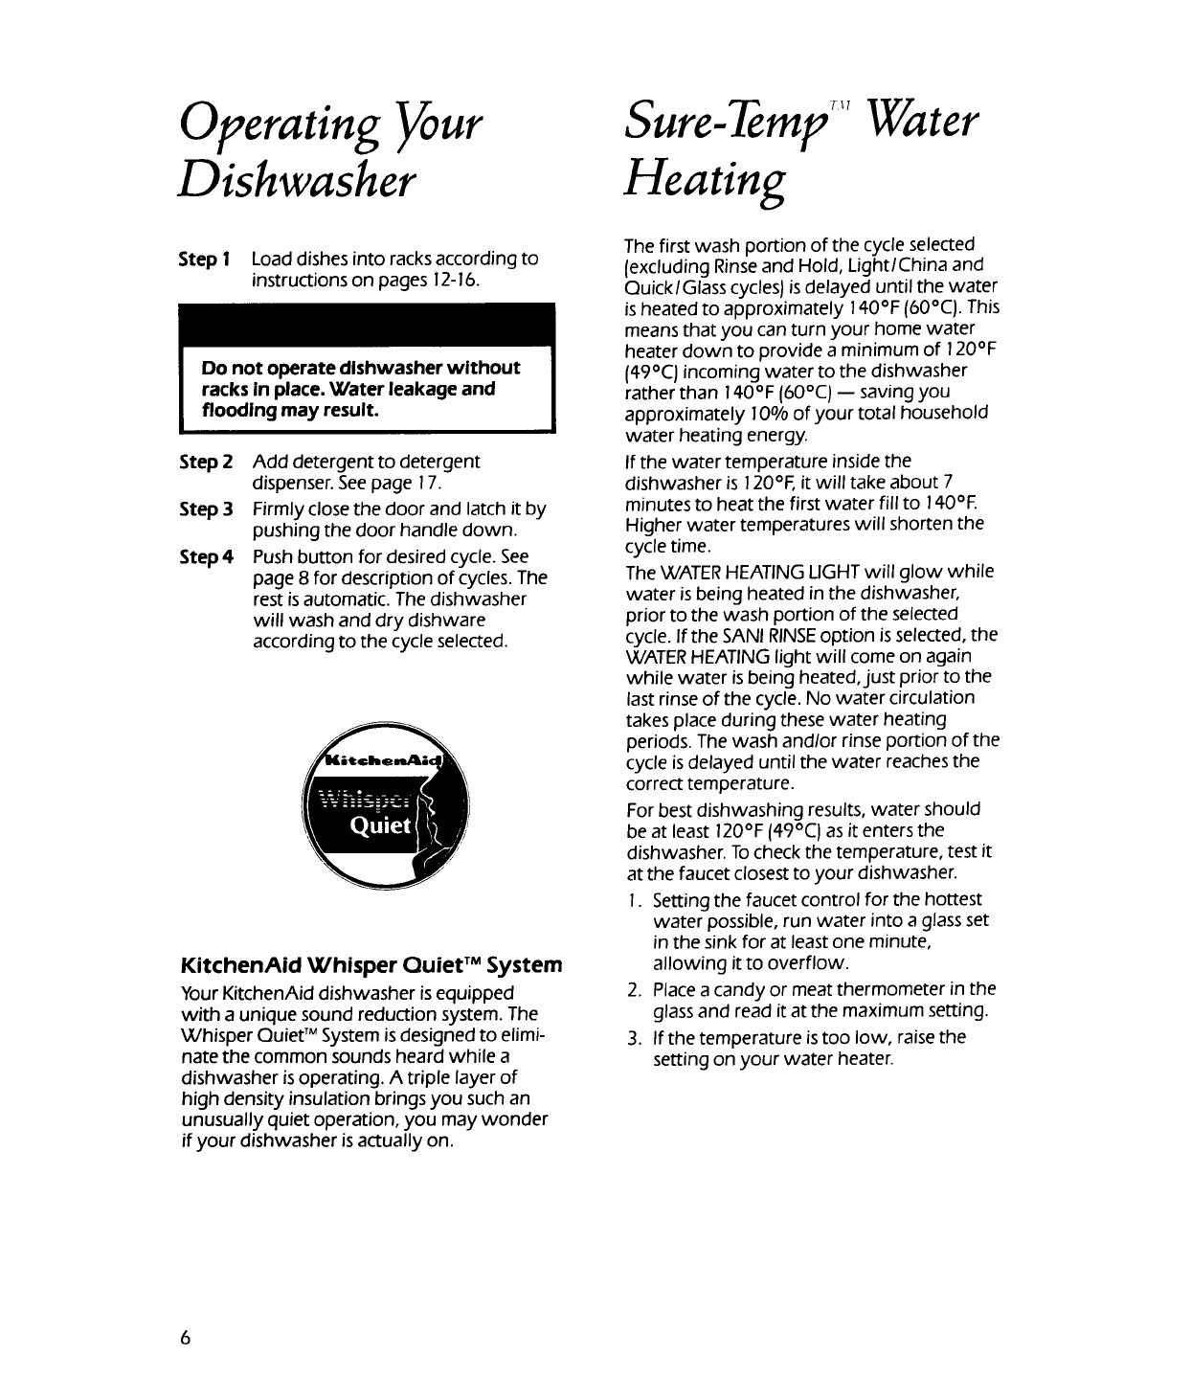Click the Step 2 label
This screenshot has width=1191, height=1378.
click(x=206, y=462)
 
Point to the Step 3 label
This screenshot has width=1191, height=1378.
click(x=206, y=508)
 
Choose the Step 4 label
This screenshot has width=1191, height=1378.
click(x=206, y=556)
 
